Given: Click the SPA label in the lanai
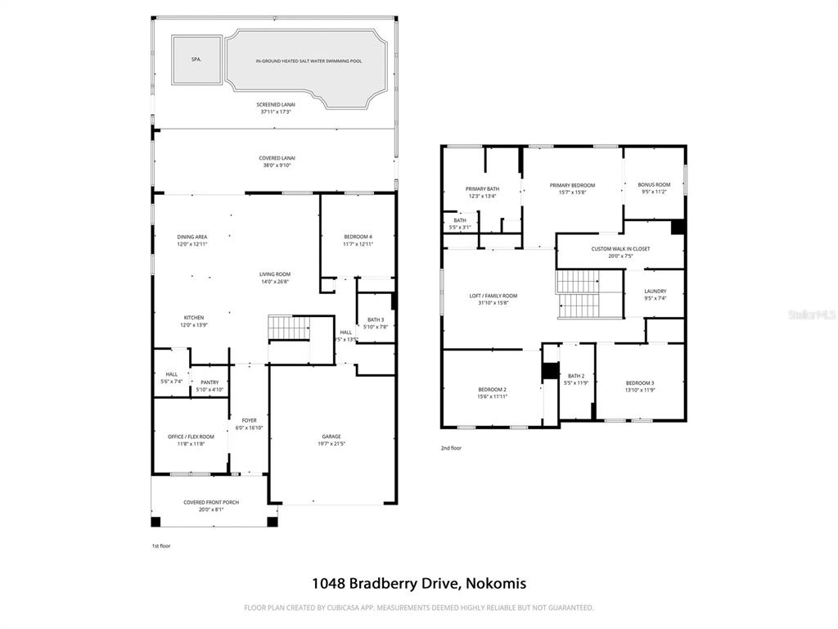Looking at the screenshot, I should [196, 60].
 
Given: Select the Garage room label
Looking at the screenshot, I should [331, 437].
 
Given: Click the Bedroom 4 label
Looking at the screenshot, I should [358, 237].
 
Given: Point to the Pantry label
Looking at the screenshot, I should [209, 382].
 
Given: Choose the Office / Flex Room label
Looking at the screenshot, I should [191, 437].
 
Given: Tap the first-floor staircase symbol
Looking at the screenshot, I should [289, 328].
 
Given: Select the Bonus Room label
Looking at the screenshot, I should [654, 185].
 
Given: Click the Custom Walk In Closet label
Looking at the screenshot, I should [620, 248].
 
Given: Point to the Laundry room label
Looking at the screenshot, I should [655, 291].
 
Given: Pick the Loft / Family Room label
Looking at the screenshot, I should [493, 296].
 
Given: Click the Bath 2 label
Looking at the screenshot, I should [576, 376].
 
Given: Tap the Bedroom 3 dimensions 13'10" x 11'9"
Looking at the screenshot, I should [640, 390].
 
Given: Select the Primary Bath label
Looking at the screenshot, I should [482, 188].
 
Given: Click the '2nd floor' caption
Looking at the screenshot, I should [452, 448].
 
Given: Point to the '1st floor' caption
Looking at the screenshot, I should [161, 545].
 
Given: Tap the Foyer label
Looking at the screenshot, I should [249, 420].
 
